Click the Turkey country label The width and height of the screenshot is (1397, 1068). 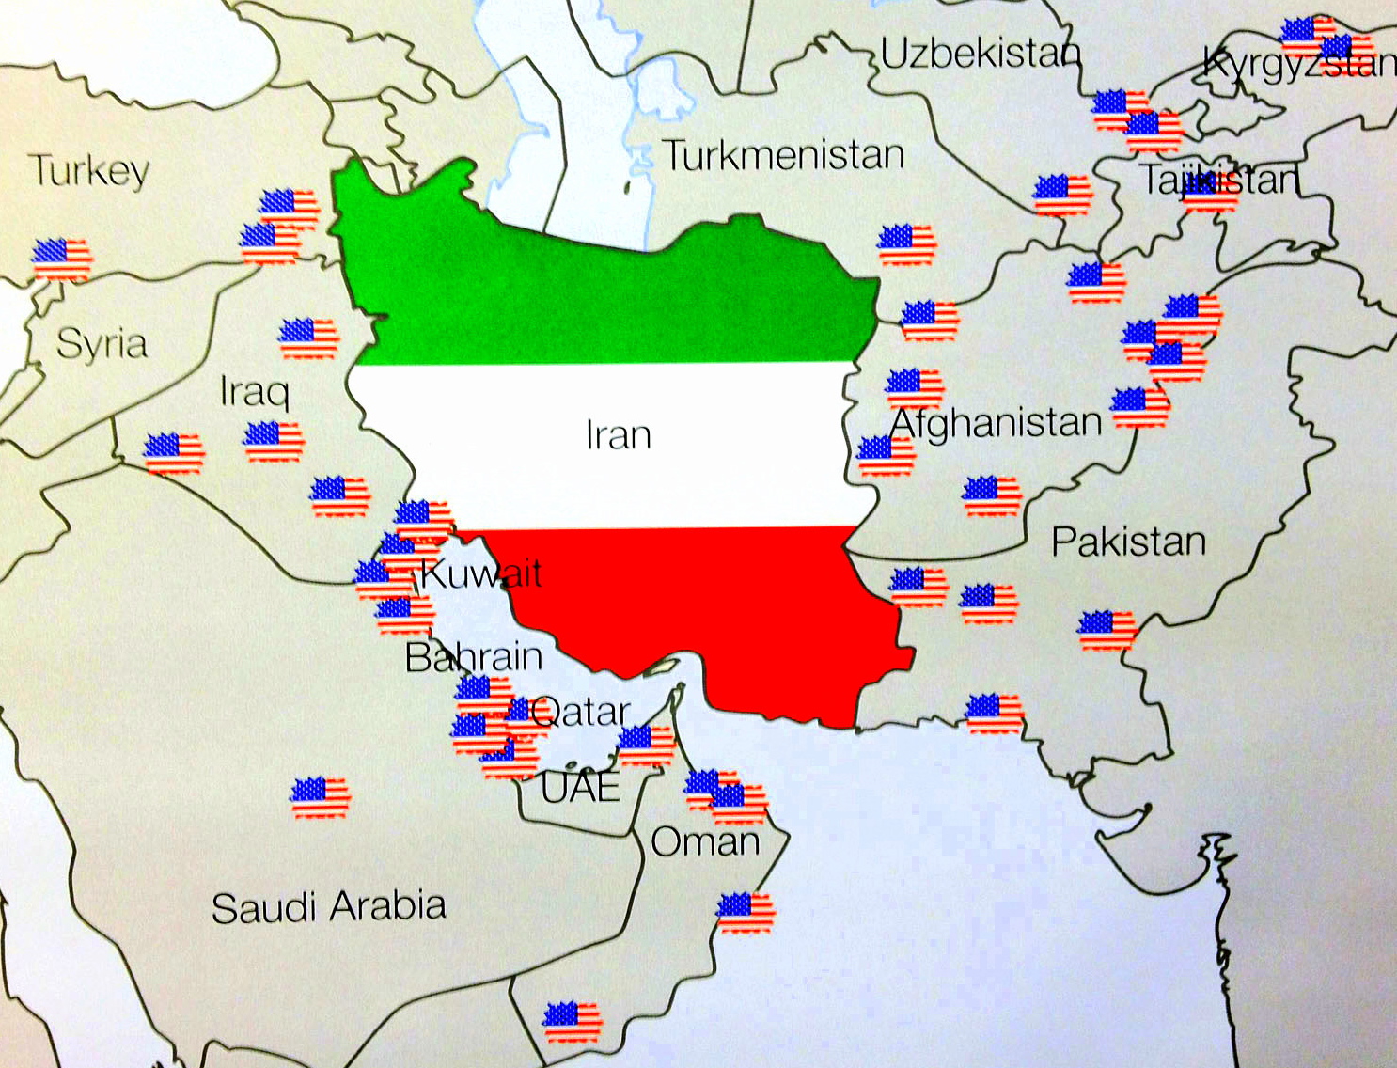[x=90, y=171]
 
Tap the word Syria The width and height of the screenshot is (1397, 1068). [x=102, y=344]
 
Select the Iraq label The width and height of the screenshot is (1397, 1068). [x=254, y=391]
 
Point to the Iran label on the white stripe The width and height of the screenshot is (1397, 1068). [x=618, y=435]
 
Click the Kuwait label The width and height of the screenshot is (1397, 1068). [x=480, y=573]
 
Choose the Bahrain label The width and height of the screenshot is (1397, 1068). [x=473, y=657]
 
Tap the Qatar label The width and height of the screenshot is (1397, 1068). [x=580, y=712]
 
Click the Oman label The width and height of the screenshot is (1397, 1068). [x=705, y=842]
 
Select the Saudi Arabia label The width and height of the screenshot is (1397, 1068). [x=328, y=907]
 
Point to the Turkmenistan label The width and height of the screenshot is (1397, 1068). [x=783, y=155]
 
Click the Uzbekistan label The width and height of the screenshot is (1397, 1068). [x=980, y=54]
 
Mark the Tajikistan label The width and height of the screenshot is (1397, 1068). [x=1220, y=179]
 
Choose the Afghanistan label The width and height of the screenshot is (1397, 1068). [x=996, y=423]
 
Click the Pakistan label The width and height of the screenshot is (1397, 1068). [x=1128, y=542]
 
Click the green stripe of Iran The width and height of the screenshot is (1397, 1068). [x=602, y=291]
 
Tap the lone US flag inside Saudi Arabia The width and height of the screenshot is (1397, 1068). [x=321, y=797]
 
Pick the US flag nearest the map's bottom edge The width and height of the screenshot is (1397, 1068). [x=572, y=1022]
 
